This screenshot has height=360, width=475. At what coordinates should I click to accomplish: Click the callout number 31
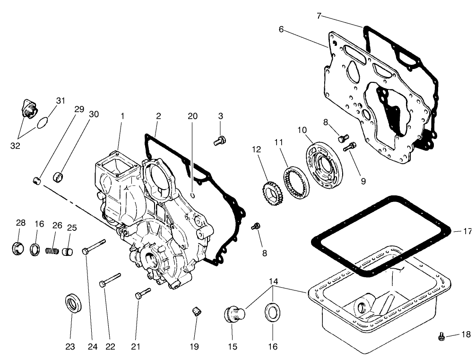coord(60,101)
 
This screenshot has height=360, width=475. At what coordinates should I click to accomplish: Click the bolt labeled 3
coord(220,140)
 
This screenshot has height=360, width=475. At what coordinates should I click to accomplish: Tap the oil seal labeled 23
coord(72,303)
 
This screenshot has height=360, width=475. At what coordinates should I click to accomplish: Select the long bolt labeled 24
coord(94,246)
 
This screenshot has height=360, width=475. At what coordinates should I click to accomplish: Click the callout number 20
coord(192,116)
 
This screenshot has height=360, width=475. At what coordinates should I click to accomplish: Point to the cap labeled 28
coord(18,248)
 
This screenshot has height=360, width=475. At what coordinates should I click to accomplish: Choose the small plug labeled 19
coord(195,311)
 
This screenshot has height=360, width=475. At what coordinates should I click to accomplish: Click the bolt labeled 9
coord(350,147)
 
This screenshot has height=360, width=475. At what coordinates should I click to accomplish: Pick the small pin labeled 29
coord(36,180)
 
